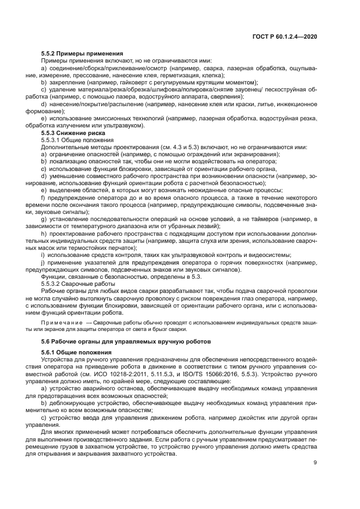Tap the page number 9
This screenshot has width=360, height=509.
tap(315, 463)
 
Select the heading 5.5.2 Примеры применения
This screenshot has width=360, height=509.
tap(82, 53)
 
